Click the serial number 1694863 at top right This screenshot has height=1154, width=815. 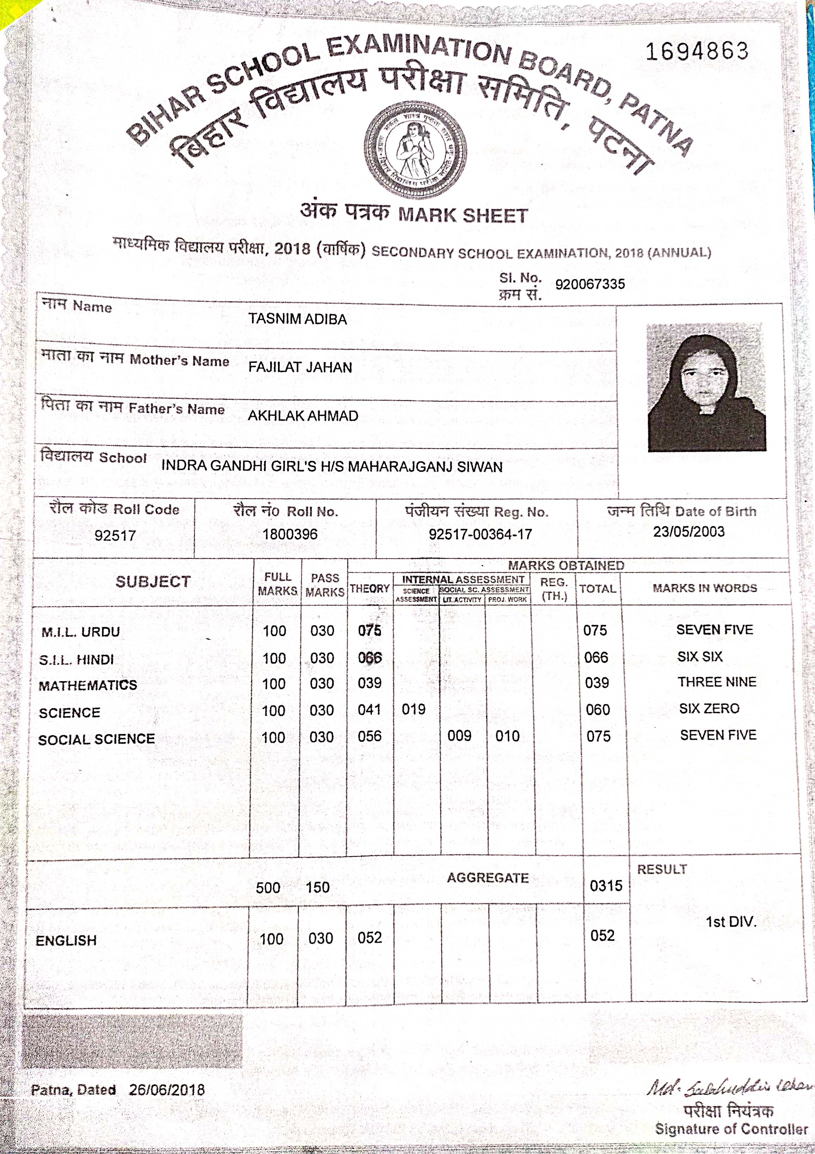click(697, 51)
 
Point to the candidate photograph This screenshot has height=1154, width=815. click(706, 387)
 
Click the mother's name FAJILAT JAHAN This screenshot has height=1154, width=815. click(300, 367)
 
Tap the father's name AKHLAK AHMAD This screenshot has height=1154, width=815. click(303, 416)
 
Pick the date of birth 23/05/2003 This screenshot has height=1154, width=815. click(689, 532)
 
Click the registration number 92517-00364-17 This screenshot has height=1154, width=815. click(480, 534)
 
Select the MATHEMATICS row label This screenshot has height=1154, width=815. click(88, 685)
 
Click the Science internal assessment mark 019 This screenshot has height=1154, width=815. click(413, 709)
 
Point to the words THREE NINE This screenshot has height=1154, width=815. click(717, 682)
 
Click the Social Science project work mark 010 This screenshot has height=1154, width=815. click(507, 736)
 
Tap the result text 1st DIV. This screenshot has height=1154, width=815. click(731, 922)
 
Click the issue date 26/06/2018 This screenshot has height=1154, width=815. click(167, 1090)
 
